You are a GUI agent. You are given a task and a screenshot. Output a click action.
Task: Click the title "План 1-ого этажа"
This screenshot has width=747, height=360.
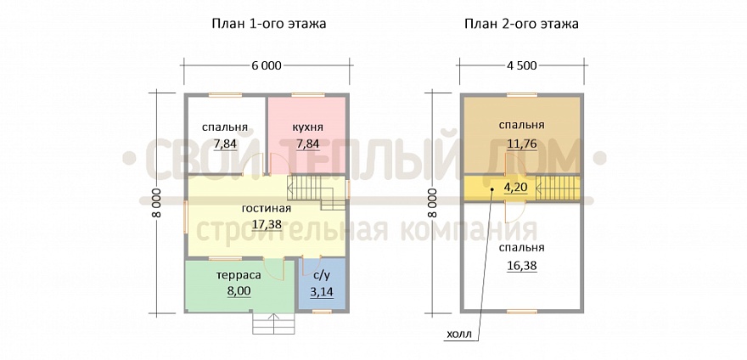coord(268,24)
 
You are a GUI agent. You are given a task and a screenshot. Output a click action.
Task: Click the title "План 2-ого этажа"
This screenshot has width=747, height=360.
coord(522,24)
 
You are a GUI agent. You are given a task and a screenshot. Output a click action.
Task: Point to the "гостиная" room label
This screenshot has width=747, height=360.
coord(267,209)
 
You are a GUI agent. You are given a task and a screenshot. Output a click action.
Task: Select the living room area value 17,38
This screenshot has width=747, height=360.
coord(267,224)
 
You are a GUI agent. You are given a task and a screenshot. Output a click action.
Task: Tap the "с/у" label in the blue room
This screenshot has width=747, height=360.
coord(321,275)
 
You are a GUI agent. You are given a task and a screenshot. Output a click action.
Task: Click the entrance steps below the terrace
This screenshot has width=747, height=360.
coord(273,324)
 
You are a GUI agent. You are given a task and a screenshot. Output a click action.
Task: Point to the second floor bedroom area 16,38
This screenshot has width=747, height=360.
coord(521,265)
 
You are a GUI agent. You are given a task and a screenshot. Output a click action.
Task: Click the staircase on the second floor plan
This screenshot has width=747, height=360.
coord(557,188)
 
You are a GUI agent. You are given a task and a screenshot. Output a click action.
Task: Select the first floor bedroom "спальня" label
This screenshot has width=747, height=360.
coord(225,127)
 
